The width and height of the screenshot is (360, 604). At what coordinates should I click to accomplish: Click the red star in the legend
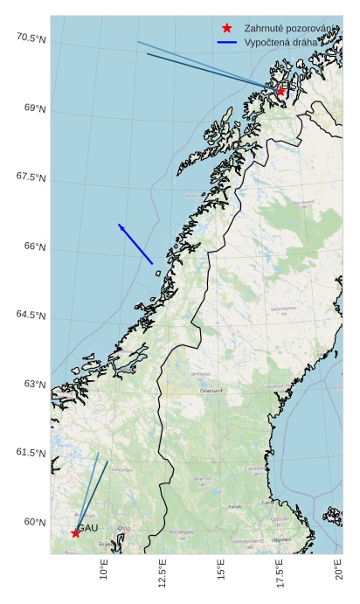pos(227,28)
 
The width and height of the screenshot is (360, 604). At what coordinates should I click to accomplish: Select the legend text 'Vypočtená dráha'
pos(284,41)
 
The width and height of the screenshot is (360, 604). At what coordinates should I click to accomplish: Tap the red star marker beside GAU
pos(75,533)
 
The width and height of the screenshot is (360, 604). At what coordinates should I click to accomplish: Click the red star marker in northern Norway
pos(280,91)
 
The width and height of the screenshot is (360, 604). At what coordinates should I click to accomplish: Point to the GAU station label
pos(87,528)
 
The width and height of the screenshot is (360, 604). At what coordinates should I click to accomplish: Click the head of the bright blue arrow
pos(120,226)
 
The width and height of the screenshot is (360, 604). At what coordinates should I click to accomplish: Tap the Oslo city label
pos(124,528)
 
